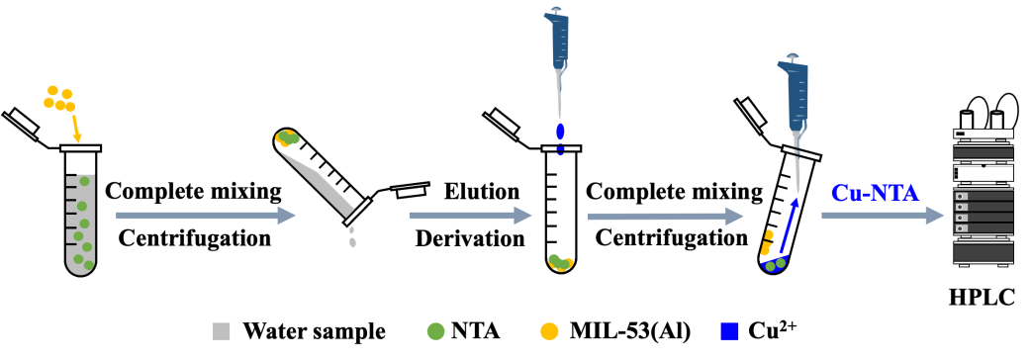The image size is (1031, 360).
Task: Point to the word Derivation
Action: [x=470, y=237]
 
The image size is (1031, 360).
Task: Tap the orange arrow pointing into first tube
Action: [x=75, y=129]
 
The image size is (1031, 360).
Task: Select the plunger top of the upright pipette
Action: [x=557, y=11]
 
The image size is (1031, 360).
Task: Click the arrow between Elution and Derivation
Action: [x=470, y=216]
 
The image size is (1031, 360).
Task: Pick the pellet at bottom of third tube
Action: [x=561, y=263]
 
